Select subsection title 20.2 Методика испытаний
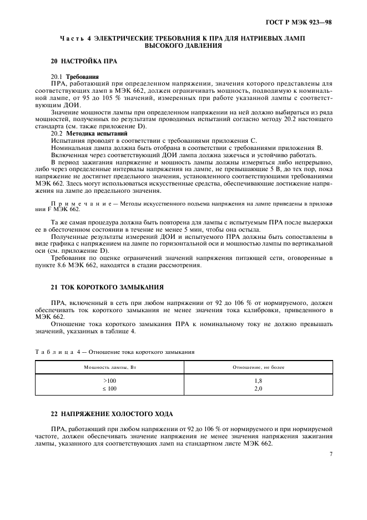[89, 134]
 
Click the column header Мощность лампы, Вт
[109, 368]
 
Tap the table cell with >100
[109, 381]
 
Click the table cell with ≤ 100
[109, 388]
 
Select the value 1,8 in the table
[258, 381]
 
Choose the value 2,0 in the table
[258, 388]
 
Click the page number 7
[330, 454]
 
